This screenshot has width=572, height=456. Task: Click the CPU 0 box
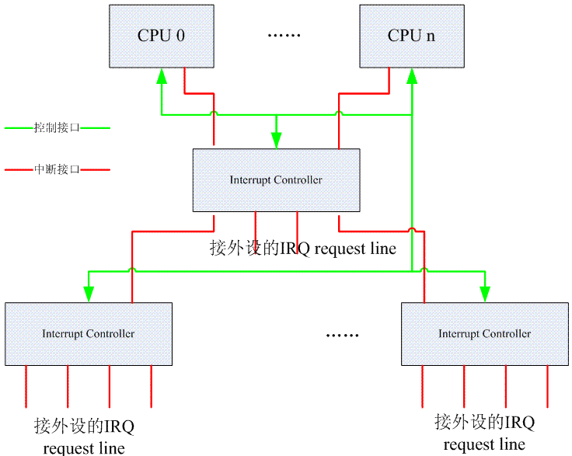pyautogui.click(x=161, y=36)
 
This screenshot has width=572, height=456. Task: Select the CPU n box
pyautogui.click(x=411, y=36)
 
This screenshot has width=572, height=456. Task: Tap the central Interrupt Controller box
pyautogui.click(x=276, y=179)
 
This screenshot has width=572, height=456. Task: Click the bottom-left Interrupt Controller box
pyautogui.click(x=88, y=333)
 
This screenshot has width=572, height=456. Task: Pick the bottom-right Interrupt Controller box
pyautogui.click(x=484, y=333)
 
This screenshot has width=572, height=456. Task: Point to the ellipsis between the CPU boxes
pyautogui.click(x=284, y=36)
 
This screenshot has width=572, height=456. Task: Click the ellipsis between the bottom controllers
pyautogui.click(x=342, y=335)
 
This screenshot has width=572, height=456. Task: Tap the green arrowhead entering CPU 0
pyautogui.click(x=162, y=76)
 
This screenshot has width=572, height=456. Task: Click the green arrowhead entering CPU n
pyautogui.click(x=412, y=76)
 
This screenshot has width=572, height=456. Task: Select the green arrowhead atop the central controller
pyautogui.click(x=276, y=140)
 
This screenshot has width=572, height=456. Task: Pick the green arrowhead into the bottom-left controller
pyautogui.click(x=89, y=294)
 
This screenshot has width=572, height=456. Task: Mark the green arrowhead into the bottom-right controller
pyautogui.click(x=485, y=294)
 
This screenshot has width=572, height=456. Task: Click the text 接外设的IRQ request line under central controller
pyautogui.click(x=303, y=249)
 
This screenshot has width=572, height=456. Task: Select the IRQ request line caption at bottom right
pyautogui.click(x=484, y=433)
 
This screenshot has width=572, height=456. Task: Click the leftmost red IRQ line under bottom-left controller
pyautogui.click(x=26, y=386)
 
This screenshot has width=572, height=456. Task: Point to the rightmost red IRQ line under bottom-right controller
pyautogui.click(x=547, y=386)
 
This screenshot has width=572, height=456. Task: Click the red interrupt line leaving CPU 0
pyautogui.click(x=184, y=82)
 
